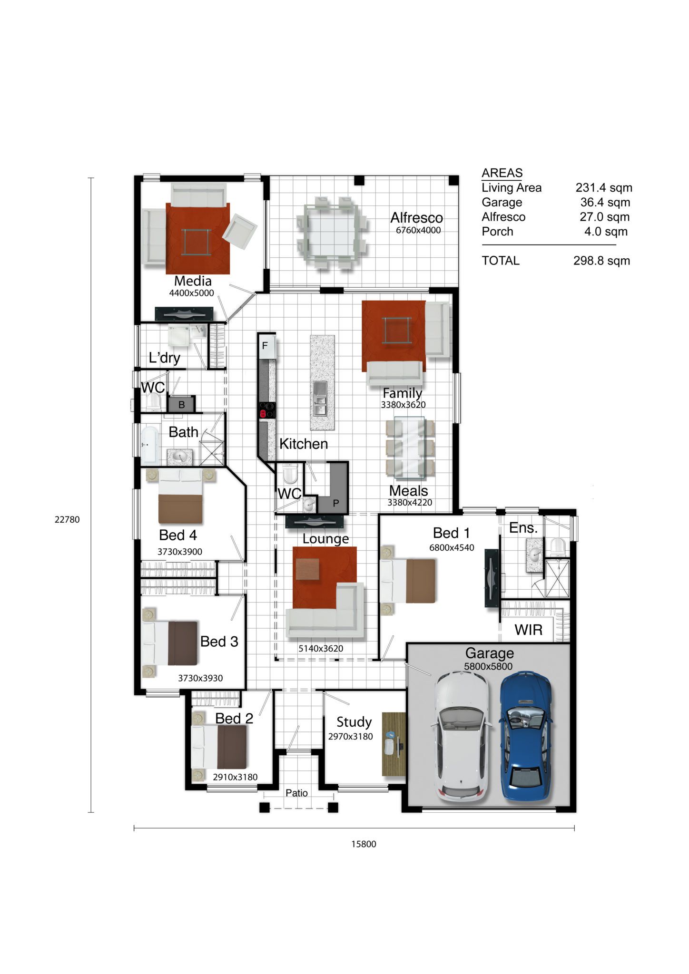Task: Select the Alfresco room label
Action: (x=417, y=218)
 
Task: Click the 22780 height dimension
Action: (x=67, y=520)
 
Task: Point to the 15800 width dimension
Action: (x=364, y=844)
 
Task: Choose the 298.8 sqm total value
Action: (x=602, y=261)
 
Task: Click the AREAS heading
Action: (x=502, y=173)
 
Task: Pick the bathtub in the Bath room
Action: (x=149, y=446)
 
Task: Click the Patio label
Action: (x=296, y=793)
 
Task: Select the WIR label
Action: (x=528, y=630)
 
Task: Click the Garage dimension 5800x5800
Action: (x=488, y=666)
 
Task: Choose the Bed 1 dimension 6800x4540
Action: (x=452, y=547)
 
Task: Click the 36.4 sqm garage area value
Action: (x=605, y=202)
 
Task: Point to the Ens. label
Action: (x=523, y=528)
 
